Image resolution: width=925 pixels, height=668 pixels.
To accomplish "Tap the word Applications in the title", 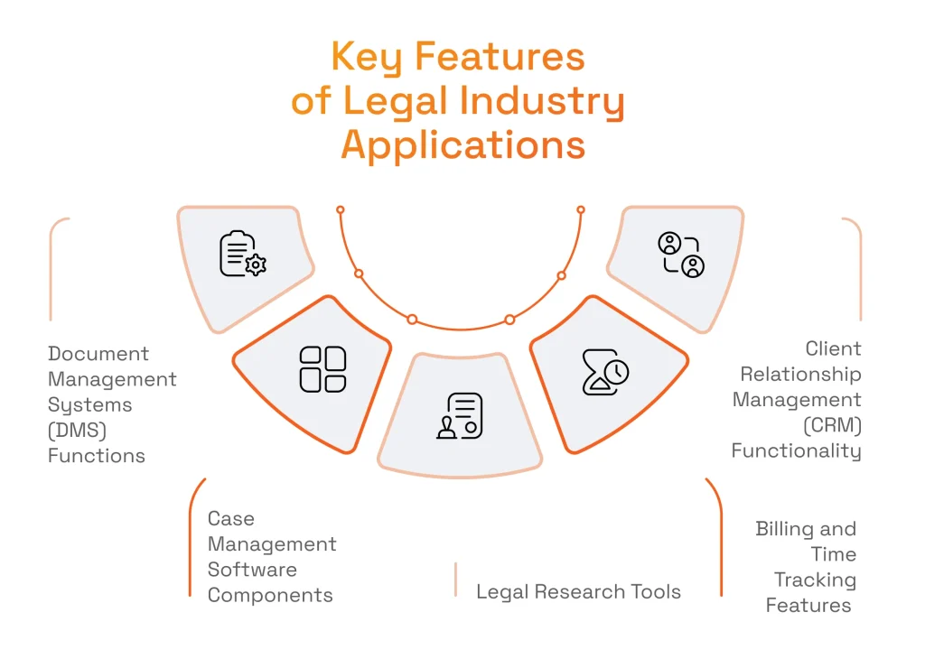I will click(x=462, y=145).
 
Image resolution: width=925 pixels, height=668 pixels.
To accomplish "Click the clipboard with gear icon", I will click(x=242, y=254).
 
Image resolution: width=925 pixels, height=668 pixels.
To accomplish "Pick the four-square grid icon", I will click(x=322, y=369).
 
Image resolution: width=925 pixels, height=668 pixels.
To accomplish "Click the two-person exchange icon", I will click(x=680, y=255).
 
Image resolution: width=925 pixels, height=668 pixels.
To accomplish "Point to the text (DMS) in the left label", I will click(x=78, y=431).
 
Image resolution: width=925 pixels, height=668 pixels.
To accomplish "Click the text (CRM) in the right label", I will click(x=832, y=424).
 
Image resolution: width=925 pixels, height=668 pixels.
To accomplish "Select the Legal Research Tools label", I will click(x=578, y=592).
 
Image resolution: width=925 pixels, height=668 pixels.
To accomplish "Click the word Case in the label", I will click(x=231, y=519).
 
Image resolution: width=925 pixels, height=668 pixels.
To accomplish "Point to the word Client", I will click(x=833, y=348).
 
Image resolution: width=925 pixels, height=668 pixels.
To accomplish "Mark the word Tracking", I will click(x=815, y=580).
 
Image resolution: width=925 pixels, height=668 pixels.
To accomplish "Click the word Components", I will click(x=270, y=596).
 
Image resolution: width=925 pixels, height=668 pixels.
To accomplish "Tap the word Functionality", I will click(x=796, y=450).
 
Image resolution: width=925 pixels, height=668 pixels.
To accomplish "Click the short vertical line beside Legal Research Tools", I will click(x=456, y=580).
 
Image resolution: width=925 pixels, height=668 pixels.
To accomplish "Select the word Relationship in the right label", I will click(x=800, y=374).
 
